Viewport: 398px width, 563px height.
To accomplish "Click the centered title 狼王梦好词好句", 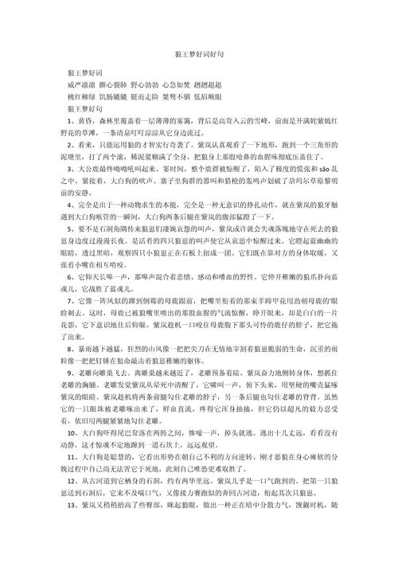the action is pyautogui.click(x=198, y=53).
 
